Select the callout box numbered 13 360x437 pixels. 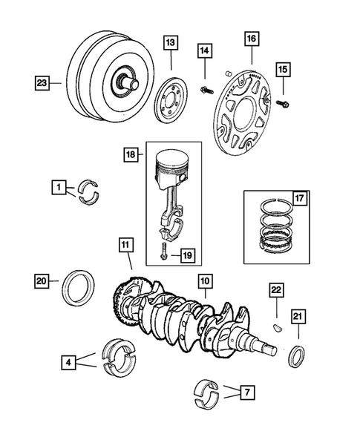click(x=171, y=43)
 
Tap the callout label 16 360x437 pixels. click(x=252, y=37)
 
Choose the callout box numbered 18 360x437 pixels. click(x=132, y=157)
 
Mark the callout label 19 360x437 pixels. click(x=186, y=256)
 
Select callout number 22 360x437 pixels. click(x=275, y=290)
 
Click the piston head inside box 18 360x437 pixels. click(x=180, y=168)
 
